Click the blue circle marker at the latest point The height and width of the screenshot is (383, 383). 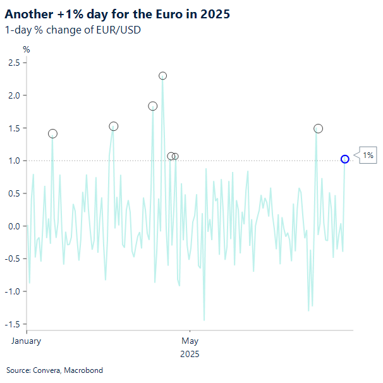coord(345,159)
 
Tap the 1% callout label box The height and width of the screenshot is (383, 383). coord(368,155)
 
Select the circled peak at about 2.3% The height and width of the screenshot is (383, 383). coord(162,76)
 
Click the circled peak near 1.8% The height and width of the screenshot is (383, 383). coord(152,106)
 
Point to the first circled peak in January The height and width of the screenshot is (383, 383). coord(52,133)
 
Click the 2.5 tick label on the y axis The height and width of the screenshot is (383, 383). coord(13,62)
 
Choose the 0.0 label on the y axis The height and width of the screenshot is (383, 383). coord(13,226)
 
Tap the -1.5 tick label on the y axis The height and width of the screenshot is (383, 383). coord(11,324)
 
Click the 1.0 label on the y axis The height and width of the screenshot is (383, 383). coord(13,161)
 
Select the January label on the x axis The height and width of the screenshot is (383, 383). coord(27,341)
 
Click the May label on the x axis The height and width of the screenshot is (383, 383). coord(190,341)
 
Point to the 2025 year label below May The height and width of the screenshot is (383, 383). coord(190,354)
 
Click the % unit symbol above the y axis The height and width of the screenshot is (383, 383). coord(27,49)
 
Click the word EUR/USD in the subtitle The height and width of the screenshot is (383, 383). coord(119,30)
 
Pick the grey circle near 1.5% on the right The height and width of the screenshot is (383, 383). coord(318,128)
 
